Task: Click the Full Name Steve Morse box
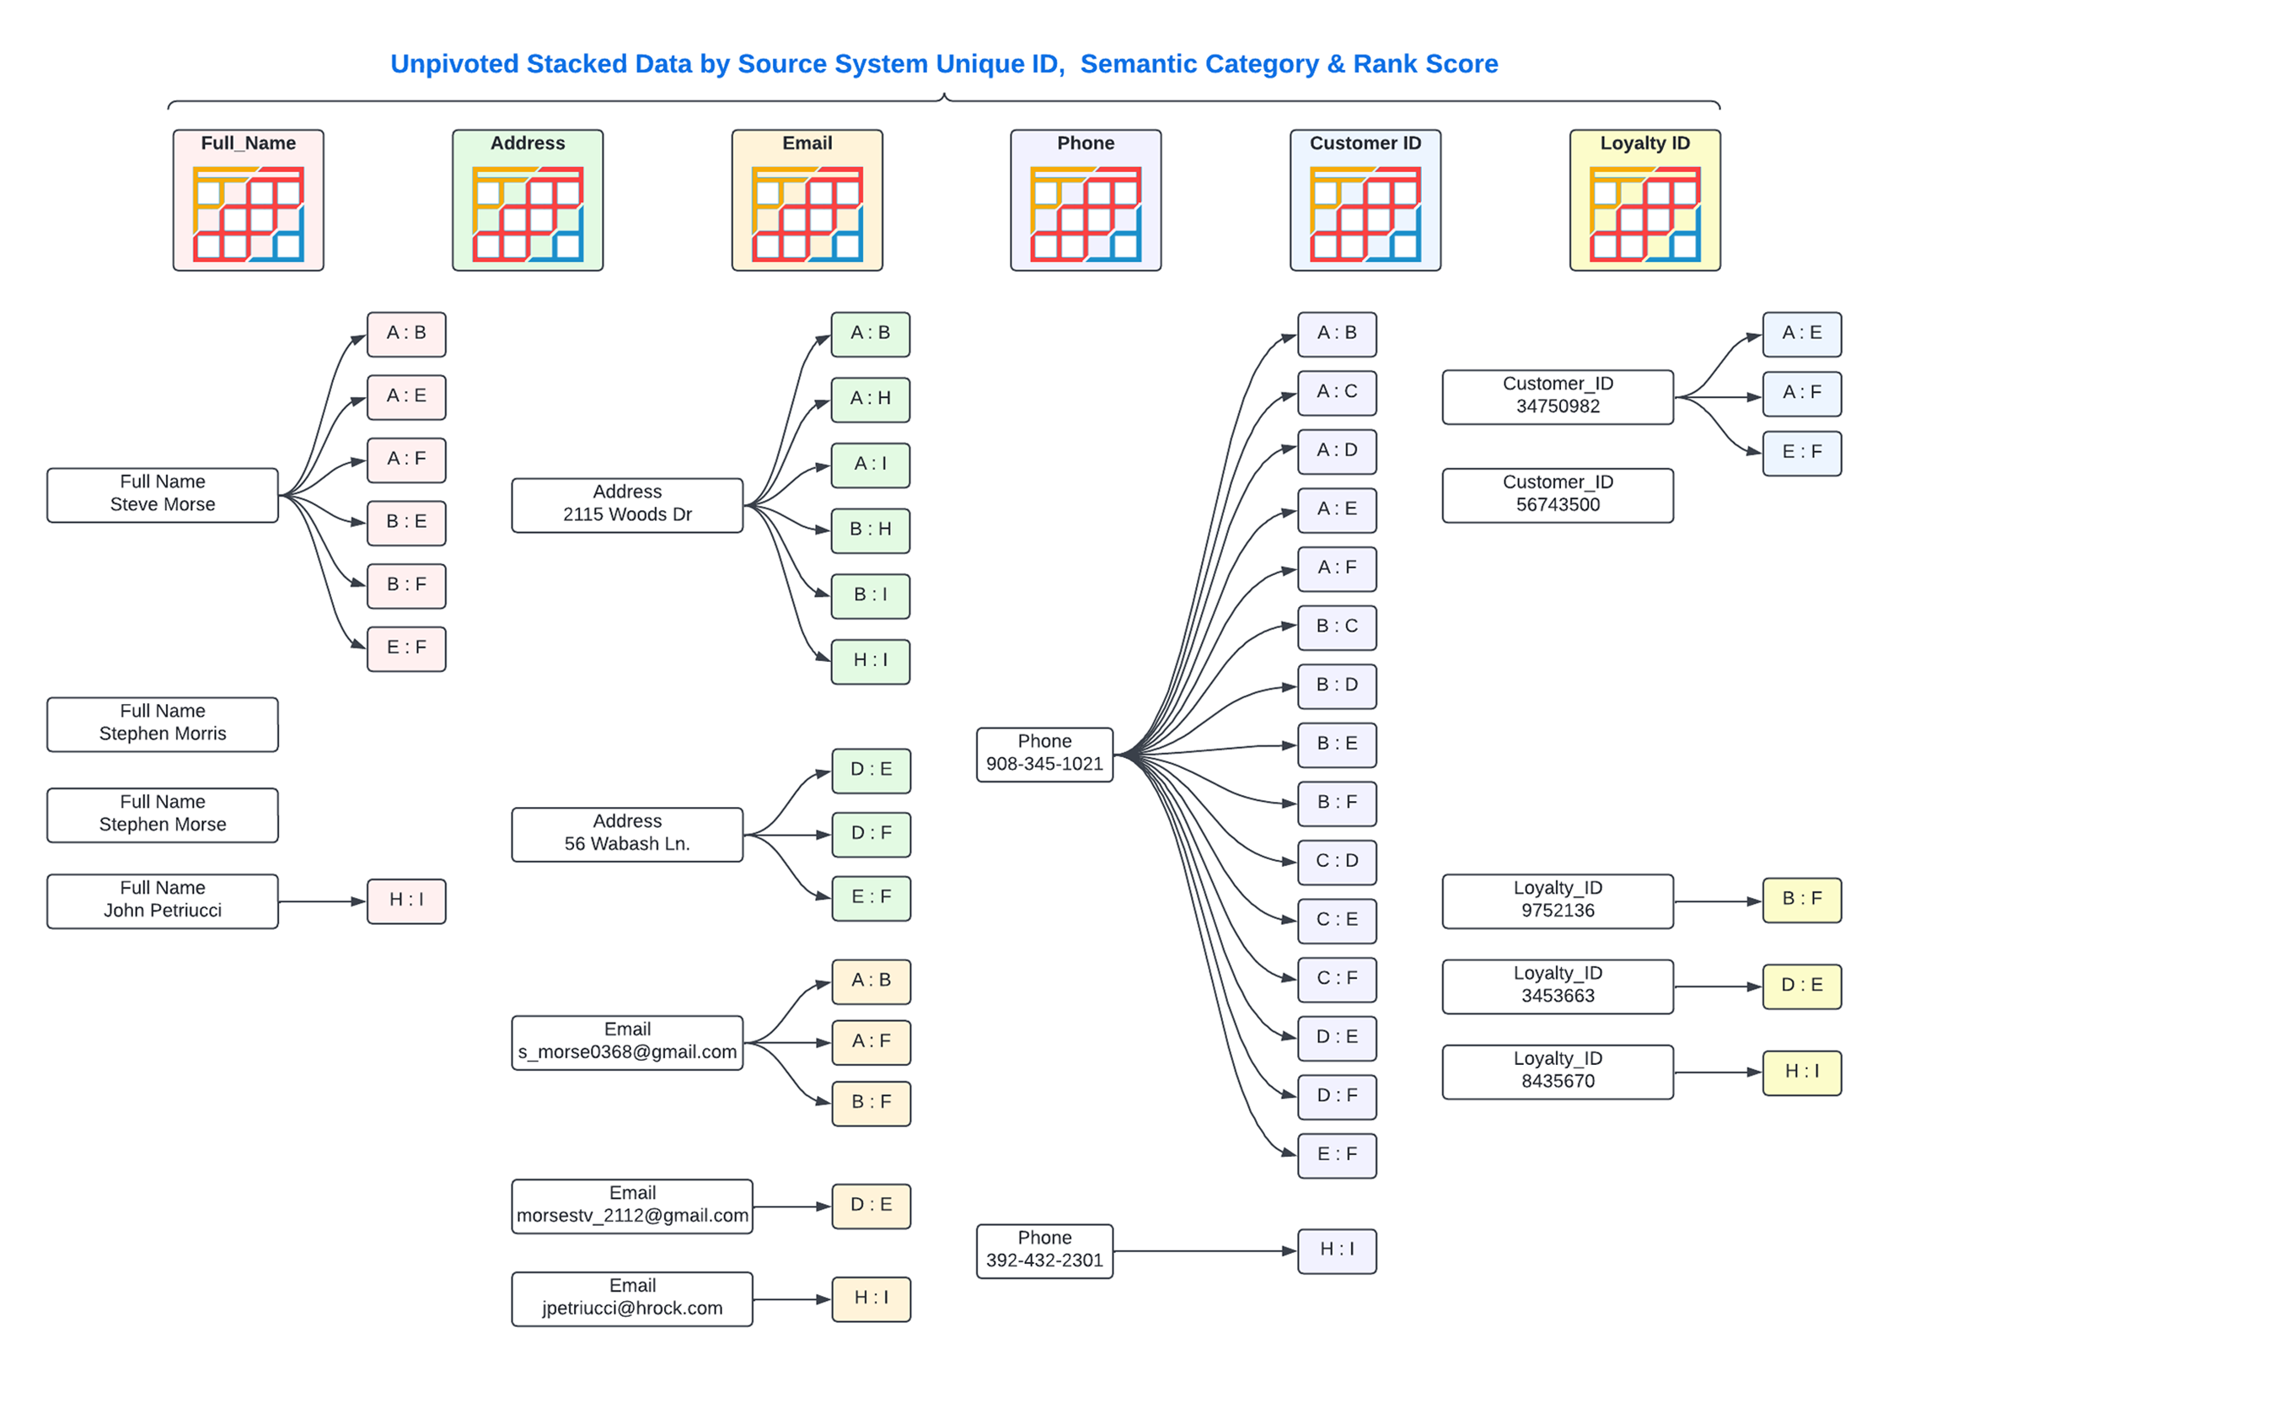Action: tap(162, 494)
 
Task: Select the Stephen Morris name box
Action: tap(162, 723)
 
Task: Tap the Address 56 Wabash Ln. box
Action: tap(626, 833)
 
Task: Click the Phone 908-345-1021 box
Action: tap(1043, 753)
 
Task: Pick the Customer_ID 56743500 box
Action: tap(1557, 494)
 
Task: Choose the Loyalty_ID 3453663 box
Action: tap(1557, 985)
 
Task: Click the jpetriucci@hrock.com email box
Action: tap(631, 1297)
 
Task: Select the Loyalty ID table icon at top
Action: tap(1644, 201)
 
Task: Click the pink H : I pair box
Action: tap(405, 900)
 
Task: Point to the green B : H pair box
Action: tap(870, 530)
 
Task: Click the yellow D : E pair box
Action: tap(1800, 985)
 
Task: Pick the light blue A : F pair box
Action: tap(1800, 393)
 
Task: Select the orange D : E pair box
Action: tap(870, 1205)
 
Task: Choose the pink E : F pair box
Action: tap(405, 648)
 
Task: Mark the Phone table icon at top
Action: tap(1085, 201)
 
